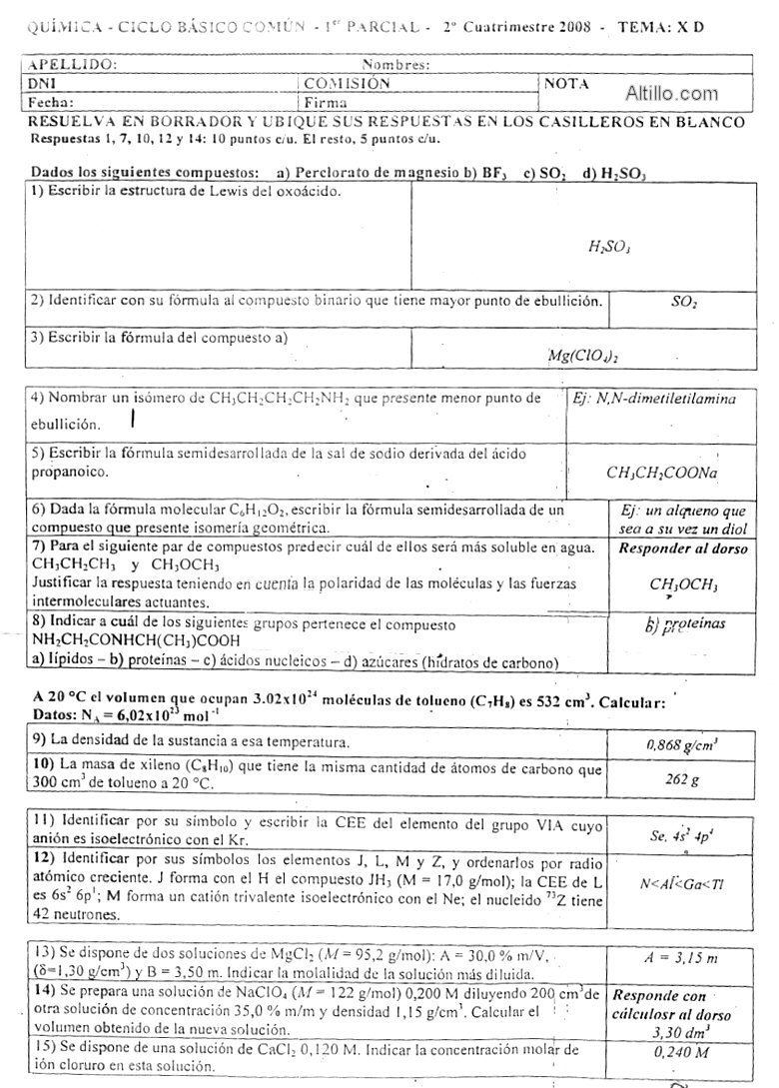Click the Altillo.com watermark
[x=671, y=95]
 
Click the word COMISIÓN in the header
[x=348, y=85]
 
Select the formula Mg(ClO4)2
[x=588, y=354]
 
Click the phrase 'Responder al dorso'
[x=670, y=548]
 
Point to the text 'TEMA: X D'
[x=661, y=26]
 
